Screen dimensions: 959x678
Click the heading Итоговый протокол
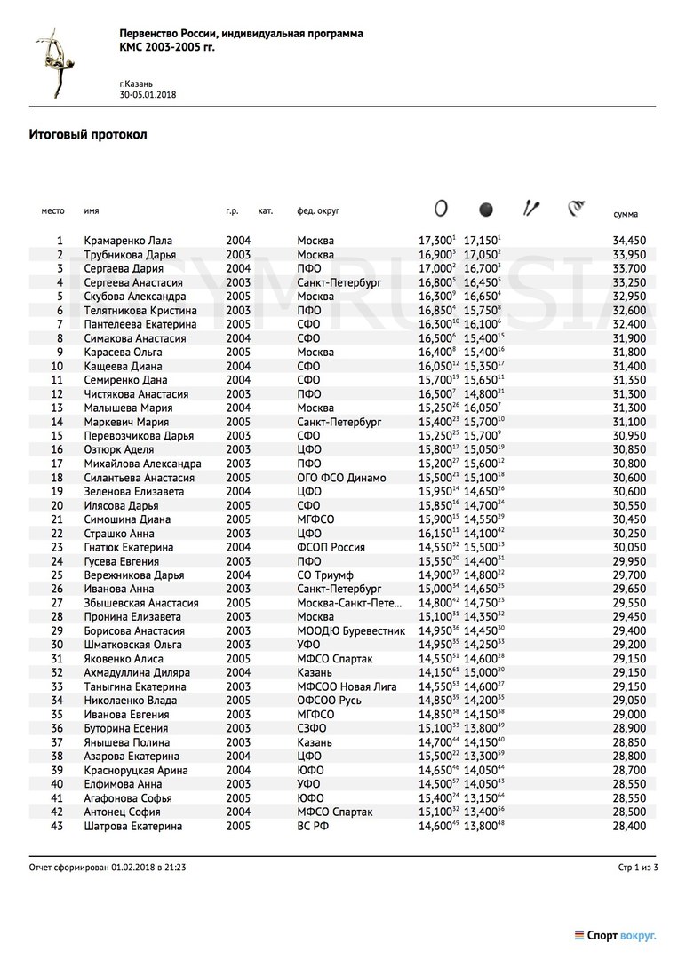(87, 135)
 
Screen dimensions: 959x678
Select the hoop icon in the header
(440, 209)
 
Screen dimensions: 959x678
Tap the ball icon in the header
(485, 210)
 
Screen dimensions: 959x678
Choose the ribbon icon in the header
(577, 209)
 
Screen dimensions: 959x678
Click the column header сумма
(626, 215)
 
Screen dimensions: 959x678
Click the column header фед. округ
(318, 211)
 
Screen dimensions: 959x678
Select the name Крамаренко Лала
(128, 241)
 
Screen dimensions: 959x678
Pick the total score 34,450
(629, 241)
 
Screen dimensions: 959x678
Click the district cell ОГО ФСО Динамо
(341, 478)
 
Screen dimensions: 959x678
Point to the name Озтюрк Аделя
(118, 450)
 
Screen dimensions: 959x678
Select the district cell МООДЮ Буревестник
(351, 631)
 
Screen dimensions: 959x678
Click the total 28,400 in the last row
(629, 827)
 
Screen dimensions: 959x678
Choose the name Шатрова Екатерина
(133, 827)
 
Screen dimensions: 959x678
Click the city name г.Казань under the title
(139, 82)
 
